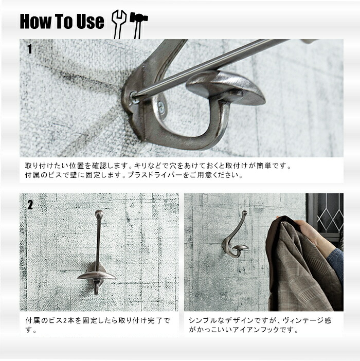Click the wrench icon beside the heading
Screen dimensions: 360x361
click(119, 24)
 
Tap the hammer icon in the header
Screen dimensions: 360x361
click(138, 24)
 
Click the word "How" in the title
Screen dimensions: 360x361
click(35, 22)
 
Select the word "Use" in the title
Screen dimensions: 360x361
click(90, 22)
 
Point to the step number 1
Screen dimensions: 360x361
click(30, 49)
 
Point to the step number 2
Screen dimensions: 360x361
click(30, 205)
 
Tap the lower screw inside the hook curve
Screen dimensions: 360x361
click(161, 107)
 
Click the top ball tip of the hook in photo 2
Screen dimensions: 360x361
click(99, 213)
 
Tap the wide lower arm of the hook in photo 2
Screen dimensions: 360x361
click(97, 275)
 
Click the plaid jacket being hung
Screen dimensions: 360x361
click(299, 267)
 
